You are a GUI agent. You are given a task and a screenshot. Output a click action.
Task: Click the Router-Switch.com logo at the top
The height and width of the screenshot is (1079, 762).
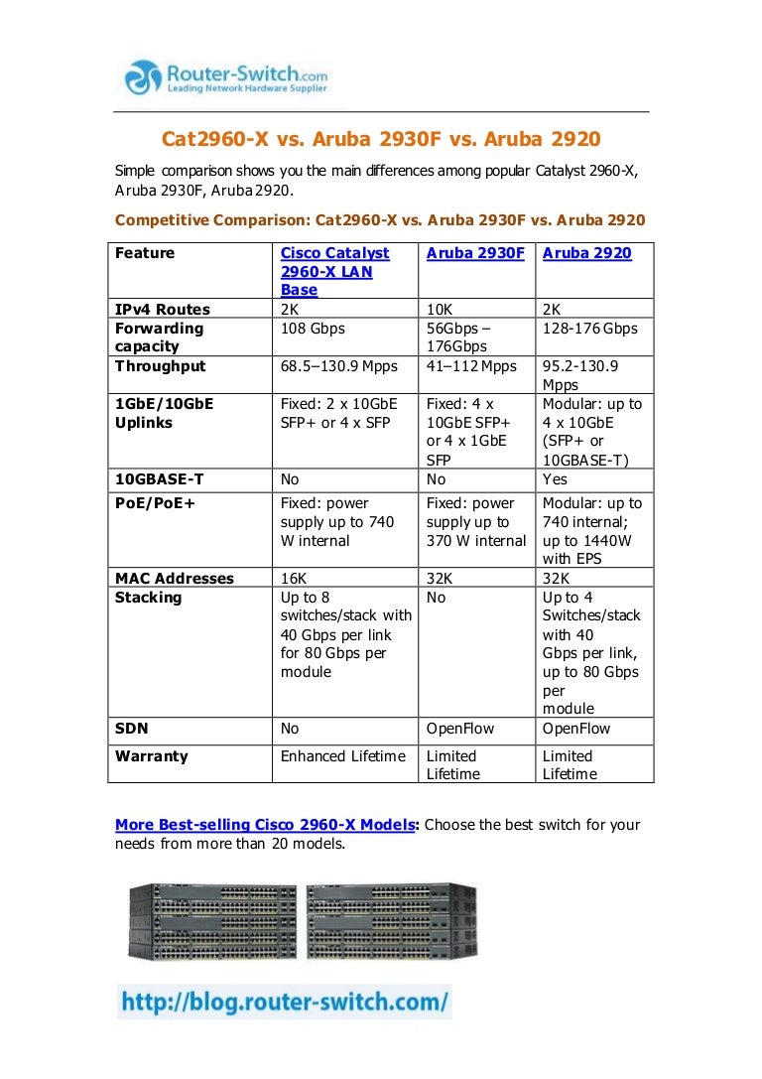pyautogui.click(x=225, y=77)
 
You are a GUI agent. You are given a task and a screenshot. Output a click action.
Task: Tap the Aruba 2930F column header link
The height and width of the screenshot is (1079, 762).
pyautogui.click(x=475, y=253)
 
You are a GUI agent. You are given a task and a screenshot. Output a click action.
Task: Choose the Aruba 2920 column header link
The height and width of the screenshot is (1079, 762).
pyautogui.click(x=586, y=253)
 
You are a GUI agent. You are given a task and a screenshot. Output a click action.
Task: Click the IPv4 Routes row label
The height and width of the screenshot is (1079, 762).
pyautogui.click(x=163, y=309)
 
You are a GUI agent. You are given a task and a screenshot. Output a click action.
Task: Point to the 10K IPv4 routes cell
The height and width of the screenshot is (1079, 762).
pyautogui.click(x=440, y=309)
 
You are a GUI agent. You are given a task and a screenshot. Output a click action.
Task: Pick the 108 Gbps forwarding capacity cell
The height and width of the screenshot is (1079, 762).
pyautogui.click(x=314, y=328)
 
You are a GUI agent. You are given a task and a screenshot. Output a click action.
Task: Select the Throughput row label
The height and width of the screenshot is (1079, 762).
pyautogui.click(x=161, y=366)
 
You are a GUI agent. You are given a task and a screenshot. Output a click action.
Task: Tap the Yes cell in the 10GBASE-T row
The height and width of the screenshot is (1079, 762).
pyautogui.click(x=556, y=479)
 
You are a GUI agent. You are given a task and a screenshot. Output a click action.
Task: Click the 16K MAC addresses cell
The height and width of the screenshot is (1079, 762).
pyautogui.click(x=293, y=579)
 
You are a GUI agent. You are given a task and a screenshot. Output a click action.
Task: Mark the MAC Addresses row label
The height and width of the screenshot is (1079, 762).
pyautogui.click(x=175, y=579)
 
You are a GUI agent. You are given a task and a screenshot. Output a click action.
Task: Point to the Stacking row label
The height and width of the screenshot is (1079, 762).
pyautogui.click(x=149, y=598)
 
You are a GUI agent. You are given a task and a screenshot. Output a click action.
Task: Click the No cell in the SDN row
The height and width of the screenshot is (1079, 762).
pyautogui.click(x=290, y=729)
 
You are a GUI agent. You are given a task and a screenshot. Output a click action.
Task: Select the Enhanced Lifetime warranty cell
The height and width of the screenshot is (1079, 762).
pyautogui.click(x=342, y=756)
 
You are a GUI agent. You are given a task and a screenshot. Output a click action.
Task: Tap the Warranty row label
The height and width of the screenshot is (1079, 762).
pyautogui.click(x=152, y=756)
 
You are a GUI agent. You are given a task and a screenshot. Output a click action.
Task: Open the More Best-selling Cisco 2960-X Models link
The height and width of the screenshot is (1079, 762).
pyautogui.click(x=266, y=825)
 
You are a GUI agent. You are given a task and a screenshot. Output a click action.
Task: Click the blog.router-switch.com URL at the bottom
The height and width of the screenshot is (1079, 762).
pyautogui.click(x=284, y=1001)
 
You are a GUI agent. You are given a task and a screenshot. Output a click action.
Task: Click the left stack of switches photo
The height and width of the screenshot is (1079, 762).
pyautogui.click(x=213, y=920)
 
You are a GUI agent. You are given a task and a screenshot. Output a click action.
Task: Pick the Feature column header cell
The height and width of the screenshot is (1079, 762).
pyautogui.click(x=145, y=253)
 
